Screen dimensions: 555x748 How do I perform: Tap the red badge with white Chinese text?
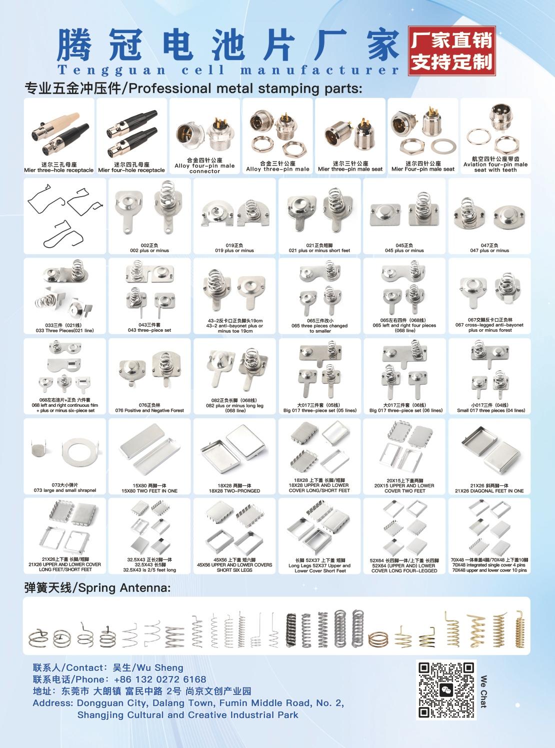coord(452,51)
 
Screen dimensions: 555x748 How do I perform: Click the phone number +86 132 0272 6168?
coord(160,679)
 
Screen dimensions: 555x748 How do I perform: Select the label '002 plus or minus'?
coord(149,251)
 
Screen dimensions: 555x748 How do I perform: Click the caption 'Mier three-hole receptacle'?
coord(58,170)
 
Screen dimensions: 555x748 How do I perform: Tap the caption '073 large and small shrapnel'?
coord(64,490)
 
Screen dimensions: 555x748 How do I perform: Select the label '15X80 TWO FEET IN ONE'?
coord(149,491)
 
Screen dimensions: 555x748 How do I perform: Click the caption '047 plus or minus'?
coord(489,251)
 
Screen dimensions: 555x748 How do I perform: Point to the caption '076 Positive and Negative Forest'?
coord(149,410)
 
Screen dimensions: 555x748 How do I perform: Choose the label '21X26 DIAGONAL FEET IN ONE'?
coord(489,491)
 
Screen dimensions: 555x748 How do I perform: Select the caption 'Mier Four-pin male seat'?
coord(423,169)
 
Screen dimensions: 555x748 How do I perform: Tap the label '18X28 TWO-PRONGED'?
coord(234,491)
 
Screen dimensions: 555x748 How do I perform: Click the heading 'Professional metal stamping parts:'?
coord(245,89)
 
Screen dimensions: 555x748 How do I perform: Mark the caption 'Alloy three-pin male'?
coord(277,169)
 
